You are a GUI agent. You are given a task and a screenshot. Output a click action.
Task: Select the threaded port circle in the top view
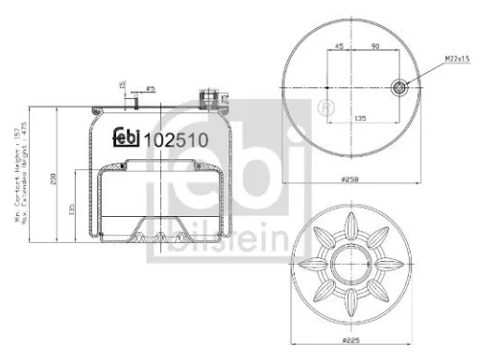[400, 87]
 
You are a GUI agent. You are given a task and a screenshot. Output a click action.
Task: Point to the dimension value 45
[339, 46]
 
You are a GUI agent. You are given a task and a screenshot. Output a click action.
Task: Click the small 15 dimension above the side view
[122, 86]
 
